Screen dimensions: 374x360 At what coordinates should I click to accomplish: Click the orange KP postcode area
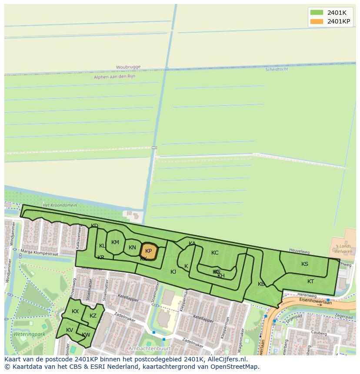pos(148,251)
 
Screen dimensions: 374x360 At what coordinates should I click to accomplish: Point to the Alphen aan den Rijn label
pos(114,76)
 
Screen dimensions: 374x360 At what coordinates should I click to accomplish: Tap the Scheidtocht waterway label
pos(277,69)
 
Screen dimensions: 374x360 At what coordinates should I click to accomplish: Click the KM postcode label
pos(115,242)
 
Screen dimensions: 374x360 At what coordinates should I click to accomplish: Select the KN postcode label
pos(132,248)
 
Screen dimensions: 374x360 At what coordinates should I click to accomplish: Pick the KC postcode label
pos(215,253)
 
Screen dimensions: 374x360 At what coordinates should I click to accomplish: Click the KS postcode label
pos(305,264)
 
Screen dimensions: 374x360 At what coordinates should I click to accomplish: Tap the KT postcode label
pos(310,281)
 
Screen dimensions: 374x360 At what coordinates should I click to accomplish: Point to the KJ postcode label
pos(173,271)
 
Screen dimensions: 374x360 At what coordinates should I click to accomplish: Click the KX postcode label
pos(75,311)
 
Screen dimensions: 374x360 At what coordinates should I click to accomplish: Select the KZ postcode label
pos(93,316)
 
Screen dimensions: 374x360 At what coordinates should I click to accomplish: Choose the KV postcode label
pos(70,330)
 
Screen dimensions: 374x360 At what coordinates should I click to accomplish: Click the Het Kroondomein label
pos(59,205)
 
